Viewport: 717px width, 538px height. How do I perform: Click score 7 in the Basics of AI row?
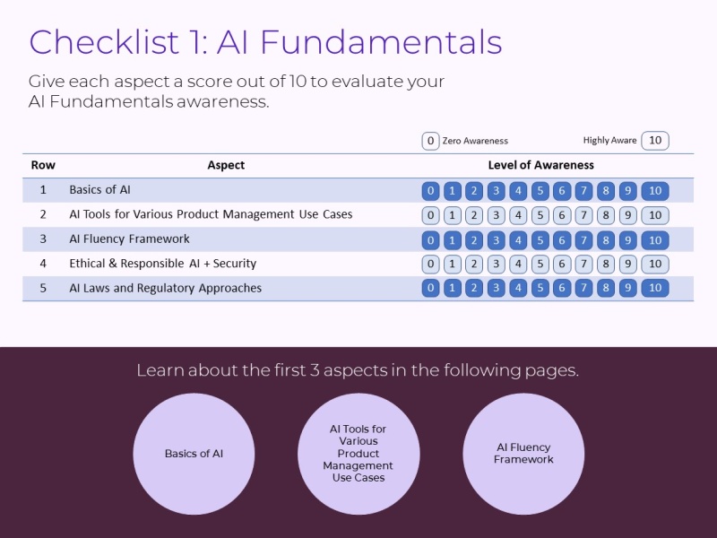[x=583, y=191]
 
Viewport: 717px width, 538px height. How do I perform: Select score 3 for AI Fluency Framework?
[x=496, y=240]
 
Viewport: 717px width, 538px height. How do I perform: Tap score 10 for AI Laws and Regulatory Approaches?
[x=655, y=289]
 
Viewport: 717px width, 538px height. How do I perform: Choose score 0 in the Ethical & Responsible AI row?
[x=430, y=265]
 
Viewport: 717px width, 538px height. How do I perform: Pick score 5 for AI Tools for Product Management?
[x=540, y=215]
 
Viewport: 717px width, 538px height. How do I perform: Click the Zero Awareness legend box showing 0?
[x=430, y=141]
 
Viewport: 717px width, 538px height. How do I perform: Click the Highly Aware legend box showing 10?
[x=655, y=141]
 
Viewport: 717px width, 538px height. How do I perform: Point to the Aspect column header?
[x=226, y=165]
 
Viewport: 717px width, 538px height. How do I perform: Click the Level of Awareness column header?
[x=540, y=165]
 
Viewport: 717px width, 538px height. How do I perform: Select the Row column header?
[x=43, y=165]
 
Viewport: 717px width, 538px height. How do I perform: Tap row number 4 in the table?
[x=43, y=264]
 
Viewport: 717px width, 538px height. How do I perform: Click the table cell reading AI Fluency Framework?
[x=129, y=239]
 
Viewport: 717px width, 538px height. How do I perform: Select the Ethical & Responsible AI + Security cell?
[x=162, y=264]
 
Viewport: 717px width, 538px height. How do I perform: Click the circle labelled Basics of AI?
[x=194, y=454]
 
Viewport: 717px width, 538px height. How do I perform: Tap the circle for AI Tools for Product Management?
[x=358, y=454]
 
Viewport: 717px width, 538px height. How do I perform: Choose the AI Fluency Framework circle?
[x=523, y=454]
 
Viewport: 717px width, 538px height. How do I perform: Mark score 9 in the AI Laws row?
[x=627, y=289]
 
